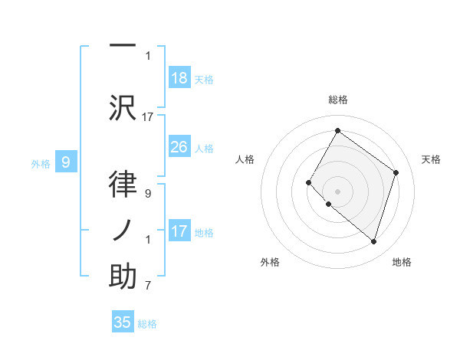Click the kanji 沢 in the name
(x=123, y=107)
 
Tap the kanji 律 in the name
(x=123, y=184)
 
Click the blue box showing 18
(x=179, y=78)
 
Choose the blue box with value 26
(x=179, y=147)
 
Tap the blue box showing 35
(x=123, y=322)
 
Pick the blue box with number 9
(x=66, y=162)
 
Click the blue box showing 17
(x=179, y=231)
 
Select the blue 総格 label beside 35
(x=147, y=323)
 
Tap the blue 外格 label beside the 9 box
(x=41, y=162)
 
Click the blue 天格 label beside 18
(x=203, y=79)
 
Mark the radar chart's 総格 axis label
(x=337, y=100)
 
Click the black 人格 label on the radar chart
(x=245, y=159)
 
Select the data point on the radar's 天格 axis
(x=396, y=172)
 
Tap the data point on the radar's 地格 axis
(x=373, y=241)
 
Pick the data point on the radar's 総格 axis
(x=337, y=130)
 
